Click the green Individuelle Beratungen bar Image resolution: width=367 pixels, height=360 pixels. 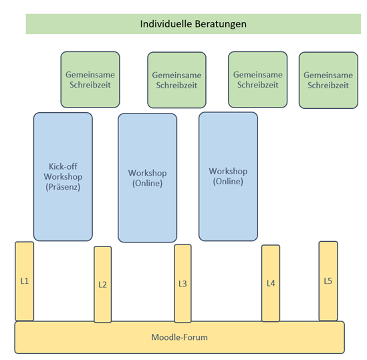[193, 24]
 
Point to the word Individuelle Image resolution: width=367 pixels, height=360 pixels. [166, 24]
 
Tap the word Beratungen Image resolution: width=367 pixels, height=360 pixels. [221, 24]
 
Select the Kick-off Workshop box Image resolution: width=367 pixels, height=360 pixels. [63, 176]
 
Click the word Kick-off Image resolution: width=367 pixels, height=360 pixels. [63, 166]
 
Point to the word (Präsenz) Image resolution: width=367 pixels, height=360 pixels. [63, 187]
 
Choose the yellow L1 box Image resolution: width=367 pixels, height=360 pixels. [24, 281]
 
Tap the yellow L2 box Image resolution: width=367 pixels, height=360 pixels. [102, 285]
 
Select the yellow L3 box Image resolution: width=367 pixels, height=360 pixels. [182, 283]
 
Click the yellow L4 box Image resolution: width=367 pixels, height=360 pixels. [271, 283]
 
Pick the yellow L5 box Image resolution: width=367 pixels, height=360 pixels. [328, 281]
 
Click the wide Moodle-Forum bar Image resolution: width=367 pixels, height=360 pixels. [180, 337]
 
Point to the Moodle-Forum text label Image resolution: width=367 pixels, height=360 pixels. [180, 337]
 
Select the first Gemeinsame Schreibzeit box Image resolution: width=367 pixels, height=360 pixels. [90, 79]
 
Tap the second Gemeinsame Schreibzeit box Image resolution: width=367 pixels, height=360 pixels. [176, 80]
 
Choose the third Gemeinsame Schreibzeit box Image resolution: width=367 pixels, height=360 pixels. [257, 79]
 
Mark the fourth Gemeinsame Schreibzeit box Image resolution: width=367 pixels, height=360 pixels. [328, 80]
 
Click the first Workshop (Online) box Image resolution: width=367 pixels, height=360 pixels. [148, 178]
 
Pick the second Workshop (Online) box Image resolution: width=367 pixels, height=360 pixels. [228, 176]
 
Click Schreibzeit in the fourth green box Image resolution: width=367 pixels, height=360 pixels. [328, 85]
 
